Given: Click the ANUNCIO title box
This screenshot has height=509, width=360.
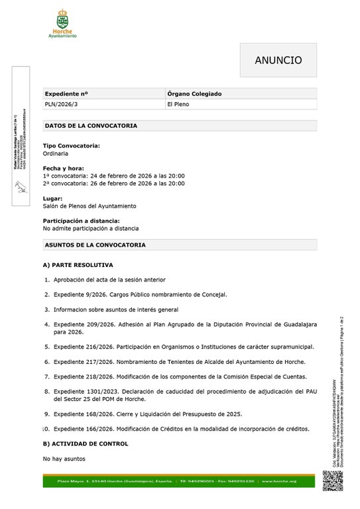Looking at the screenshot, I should (x=278, y=60).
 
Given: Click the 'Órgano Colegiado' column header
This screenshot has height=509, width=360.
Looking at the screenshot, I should (x=194, y=94).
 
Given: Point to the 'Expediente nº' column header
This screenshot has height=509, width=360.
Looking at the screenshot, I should (x=66, y=94).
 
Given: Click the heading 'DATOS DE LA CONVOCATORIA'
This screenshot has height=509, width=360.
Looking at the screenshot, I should (x=91, y=125).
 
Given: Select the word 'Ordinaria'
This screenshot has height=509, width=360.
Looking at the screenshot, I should (x=56, y=153).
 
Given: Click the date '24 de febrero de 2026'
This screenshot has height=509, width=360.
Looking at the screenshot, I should (x=121, y=176).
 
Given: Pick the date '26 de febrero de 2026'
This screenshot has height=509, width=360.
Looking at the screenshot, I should (x=121, y=184).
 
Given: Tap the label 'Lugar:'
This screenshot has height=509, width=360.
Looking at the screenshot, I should (x=53, y=198).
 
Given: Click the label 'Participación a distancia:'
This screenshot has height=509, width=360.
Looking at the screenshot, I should (x=81, y=221).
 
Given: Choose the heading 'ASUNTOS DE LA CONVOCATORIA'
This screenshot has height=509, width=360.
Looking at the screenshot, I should (x=95, y=245).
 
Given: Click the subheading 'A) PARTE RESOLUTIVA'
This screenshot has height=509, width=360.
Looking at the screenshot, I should (x=78, y=265).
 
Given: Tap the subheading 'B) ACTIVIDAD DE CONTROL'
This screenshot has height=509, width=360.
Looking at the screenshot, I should (x=86, y=444).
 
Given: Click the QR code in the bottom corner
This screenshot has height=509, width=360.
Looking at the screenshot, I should (x=333, y=480).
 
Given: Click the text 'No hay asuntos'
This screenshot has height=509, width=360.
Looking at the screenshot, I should (x=64, y=459).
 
